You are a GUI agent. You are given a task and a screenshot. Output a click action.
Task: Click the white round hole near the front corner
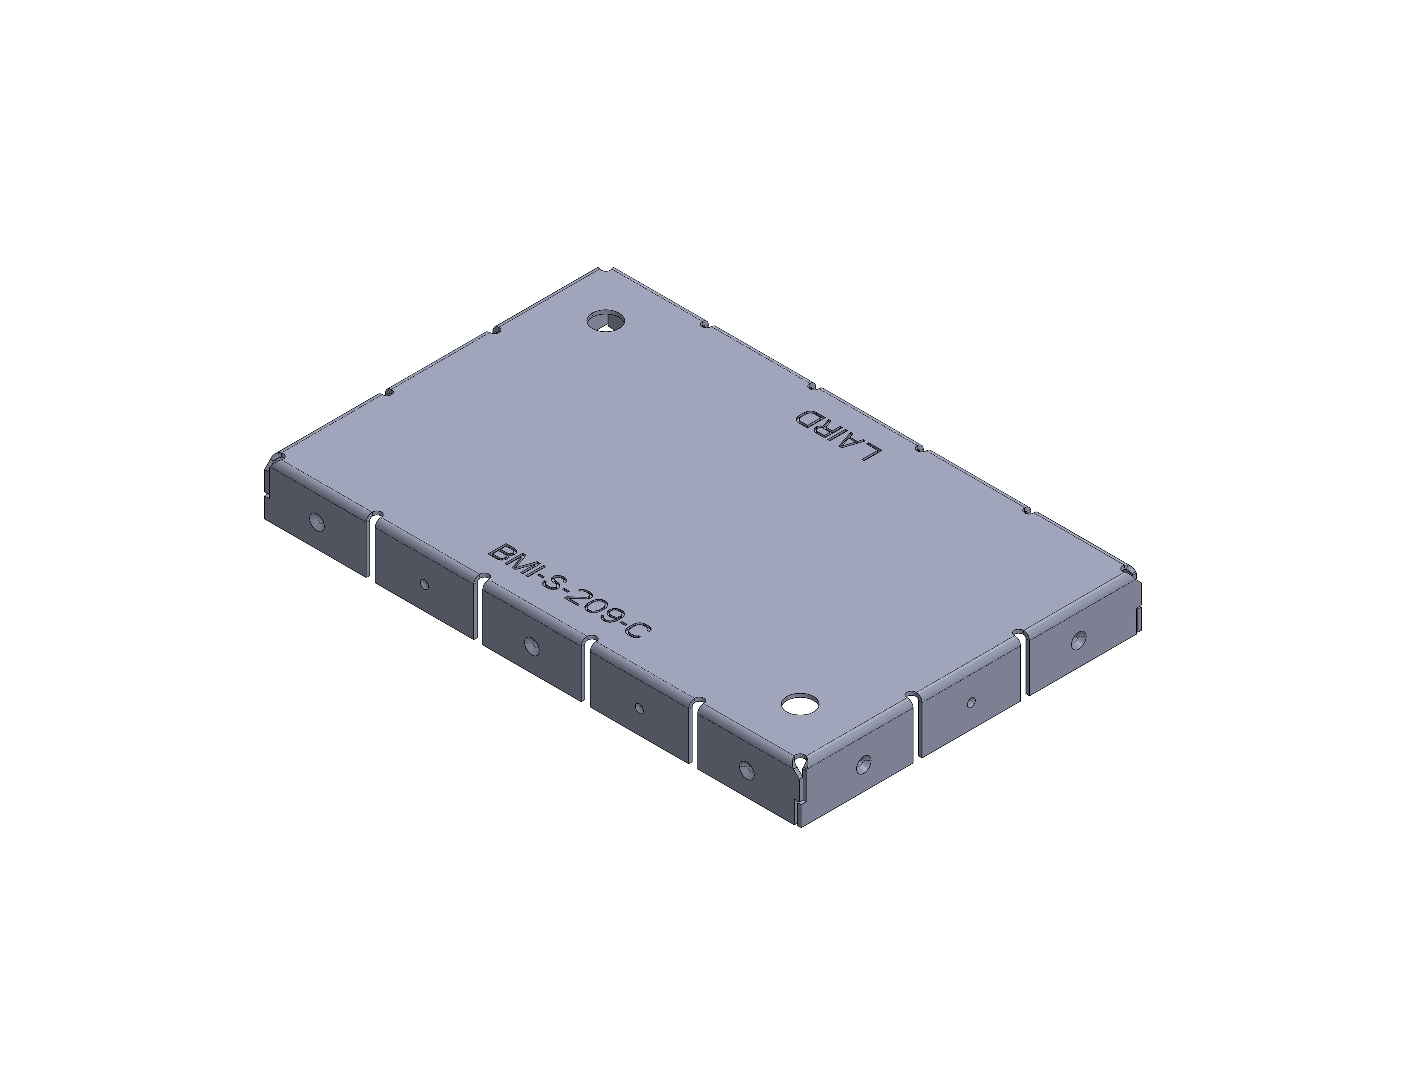pos(800,704)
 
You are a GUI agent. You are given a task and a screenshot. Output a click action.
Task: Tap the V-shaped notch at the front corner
pos(800,766)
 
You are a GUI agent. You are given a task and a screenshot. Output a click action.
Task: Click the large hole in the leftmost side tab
pos(317,522)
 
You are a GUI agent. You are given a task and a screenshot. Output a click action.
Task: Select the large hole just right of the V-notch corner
pos(864,765)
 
